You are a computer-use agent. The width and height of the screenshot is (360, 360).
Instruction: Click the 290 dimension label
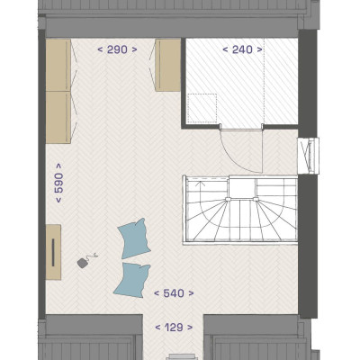(117, 49)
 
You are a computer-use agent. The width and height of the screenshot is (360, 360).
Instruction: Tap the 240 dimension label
(242, 49)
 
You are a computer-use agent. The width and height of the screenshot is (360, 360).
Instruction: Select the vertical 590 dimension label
(58, 183)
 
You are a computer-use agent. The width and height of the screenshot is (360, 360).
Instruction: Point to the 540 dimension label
(174, 293)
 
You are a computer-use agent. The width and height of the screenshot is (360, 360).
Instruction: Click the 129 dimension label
(174, 327)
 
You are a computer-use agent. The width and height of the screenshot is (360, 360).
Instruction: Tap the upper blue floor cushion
(134, 238)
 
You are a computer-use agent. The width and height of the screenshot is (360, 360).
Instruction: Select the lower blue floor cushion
(132, 280)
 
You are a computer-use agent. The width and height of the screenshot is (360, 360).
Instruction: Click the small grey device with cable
(83, 263)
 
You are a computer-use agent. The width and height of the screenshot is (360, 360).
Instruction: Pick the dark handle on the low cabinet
(53, 252)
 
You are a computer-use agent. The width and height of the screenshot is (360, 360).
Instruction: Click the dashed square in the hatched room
(202, 108)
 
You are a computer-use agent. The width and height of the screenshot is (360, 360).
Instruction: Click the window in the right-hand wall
(309, 156)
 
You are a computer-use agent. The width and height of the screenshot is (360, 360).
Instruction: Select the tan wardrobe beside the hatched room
(167, 65)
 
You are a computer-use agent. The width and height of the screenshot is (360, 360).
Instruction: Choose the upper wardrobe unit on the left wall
(58, 65)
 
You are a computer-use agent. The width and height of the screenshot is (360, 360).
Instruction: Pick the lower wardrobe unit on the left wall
(58, 117)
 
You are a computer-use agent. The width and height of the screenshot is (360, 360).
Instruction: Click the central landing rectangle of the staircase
(242, 188)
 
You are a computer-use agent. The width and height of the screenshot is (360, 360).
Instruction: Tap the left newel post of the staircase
(228, 199)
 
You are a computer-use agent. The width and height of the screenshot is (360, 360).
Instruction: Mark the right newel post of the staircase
(256, 199)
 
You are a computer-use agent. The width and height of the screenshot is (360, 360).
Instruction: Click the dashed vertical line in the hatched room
(264, 81)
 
